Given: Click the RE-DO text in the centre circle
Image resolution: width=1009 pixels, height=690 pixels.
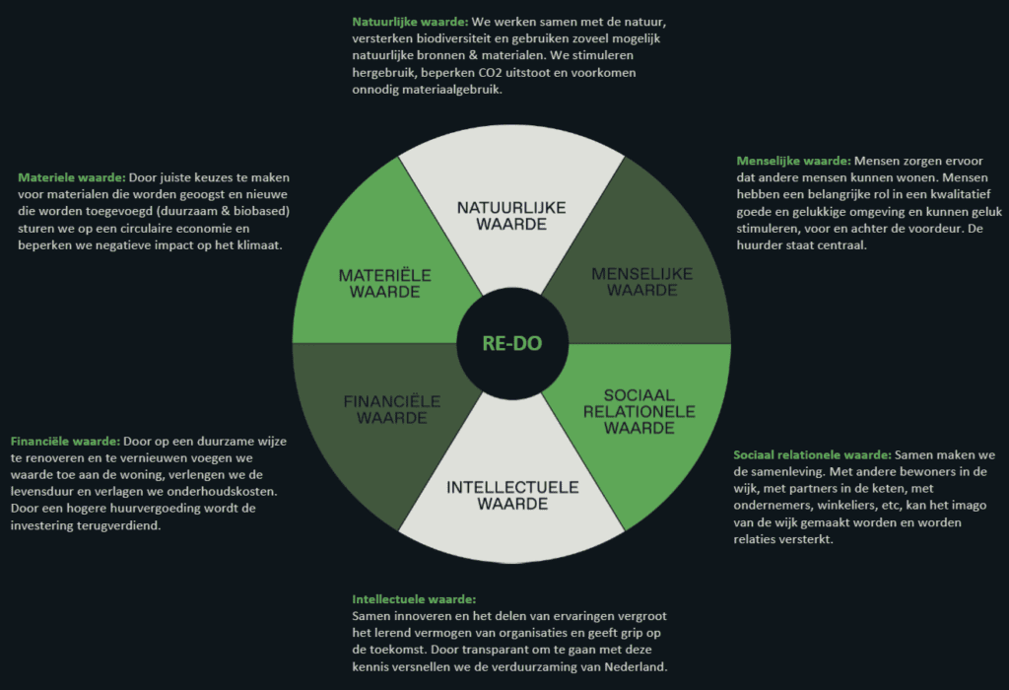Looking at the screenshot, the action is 512,343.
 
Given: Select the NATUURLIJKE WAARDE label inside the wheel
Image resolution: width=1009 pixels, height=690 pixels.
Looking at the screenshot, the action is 511,216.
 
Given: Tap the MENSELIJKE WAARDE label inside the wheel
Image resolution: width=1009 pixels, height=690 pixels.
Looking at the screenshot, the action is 642,282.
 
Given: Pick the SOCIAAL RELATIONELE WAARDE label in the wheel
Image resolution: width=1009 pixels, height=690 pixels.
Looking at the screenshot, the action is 639,411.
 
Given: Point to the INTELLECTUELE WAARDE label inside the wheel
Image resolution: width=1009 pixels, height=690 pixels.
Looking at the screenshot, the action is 512,496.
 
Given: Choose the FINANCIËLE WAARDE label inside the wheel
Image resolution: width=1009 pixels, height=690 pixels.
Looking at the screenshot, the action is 392,409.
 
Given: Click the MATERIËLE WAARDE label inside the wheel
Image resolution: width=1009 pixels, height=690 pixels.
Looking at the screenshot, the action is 385,283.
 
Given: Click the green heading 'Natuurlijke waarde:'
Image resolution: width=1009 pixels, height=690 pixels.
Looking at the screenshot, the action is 410,22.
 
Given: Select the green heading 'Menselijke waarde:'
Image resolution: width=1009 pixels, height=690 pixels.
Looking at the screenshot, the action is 793,161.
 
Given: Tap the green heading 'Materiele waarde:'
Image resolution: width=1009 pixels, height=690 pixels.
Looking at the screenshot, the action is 71,177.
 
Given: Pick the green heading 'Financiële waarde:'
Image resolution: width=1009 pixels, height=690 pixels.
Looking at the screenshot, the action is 65,442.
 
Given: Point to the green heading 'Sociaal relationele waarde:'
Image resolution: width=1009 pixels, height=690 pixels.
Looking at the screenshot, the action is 812,455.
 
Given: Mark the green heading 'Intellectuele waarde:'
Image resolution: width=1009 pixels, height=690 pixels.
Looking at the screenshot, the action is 414,599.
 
